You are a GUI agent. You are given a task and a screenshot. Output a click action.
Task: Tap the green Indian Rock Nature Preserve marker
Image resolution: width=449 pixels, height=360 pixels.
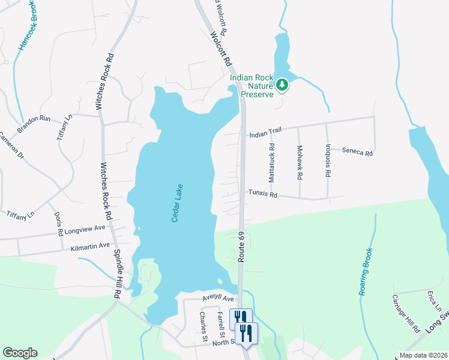coord(283,86)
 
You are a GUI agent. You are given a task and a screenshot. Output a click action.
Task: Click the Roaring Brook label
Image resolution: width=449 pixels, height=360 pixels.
coord(366,271)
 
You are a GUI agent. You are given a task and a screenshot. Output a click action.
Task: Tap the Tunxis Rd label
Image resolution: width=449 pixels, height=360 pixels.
coord(264,195)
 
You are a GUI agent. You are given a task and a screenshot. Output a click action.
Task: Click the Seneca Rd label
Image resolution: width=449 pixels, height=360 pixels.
coord(358,153)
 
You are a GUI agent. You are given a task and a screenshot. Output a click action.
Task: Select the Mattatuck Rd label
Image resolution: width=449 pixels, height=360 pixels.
coord(272,163)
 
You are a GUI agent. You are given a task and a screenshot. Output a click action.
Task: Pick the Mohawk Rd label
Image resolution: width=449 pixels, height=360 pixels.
coord(300,163)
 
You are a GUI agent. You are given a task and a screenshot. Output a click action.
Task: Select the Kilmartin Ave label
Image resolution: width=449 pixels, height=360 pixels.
coord(91,246)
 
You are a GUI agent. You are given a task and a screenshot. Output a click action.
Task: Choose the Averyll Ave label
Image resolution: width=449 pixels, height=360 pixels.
coord(217,298)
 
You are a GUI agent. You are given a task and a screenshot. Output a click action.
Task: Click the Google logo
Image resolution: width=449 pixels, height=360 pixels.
coord(20,353)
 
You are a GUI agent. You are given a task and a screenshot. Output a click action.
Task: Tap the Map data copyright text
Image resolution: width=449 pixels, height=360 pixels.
coord(423,355)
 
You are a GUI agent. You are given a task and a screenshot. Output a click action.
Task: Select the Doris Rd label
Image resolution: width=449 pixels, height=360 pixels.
coord(58,223)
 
